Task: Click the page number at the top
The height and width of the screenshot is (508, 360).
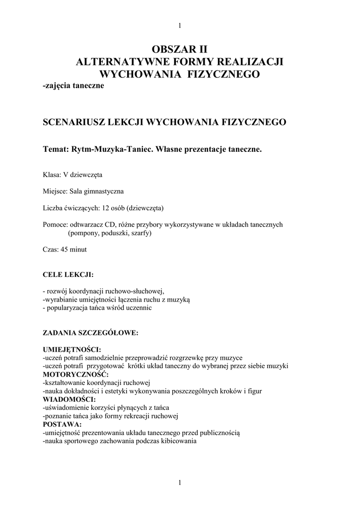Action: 180,26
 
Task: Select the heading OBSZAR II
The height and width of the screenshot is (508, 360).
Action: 179,49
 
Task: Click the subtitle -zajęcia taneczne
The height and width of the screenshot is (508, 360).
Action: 73,86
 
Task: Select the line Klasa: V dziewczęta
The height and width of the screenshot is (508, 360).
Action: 73,175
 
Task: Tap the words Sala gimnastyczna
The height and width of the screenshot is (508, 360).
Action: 96,191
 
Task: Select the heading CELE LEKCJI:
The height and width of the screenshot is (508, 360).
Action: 68,274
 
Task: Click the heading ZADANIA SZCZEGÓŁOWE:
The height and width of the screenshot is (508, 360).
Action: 90,333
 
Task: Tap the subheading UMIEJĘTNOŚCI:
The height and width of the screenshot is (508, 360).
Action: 72,350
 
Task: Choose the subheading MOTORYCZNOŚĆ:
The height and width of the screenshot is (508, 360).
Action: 75,374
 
